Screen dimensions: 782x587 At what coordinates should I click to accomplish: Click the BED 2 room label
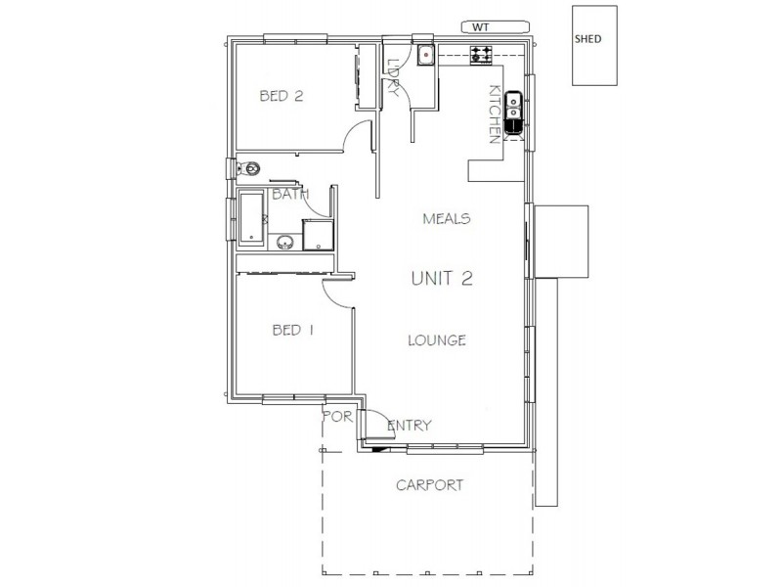click(282, 95)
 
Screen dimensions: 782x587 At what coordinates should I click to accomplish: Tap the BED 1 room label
click(293, 330)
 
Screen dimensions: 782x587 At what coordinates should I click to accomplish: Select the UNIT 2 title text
click(442, 278)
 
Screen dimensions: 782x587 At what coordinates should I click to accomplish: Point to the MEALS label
click(447, 218)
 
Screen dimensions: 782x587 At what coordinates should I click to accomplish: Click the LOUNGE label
click(437, 340)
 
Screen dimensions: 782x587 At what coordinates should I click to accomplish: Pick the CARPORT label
click(429, 485)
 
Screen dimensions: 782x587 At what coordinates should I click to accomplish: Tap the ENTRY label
click(410, 426)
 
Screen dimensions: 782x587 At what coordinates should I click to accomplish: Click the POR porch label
click(337, 416)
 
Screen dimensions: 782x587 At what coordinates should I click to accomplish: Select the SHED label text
click(588, 39)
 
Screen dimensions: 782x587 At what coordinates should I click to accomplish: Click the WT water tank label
click(481, 27)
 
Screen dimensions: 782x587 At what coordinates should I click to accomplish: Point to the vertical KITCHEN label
click(495, 114)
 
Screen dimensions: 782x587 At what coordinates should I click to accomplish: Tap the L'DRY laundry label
click(394, 78)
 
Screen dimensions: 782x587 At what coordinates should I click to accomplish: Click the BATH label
click(290, 194)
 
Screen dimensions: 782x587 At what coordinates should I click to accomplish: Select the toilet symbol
click(248, 168)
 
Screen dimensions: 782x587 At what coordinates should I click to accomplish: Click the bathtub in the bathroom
click(251, 218)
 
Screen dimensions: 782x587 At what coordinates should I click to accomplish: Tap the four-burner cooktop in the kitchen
click(481, 54)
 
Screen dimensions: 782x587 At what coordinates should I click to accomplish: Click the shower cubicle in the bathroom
click(317, 235)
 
